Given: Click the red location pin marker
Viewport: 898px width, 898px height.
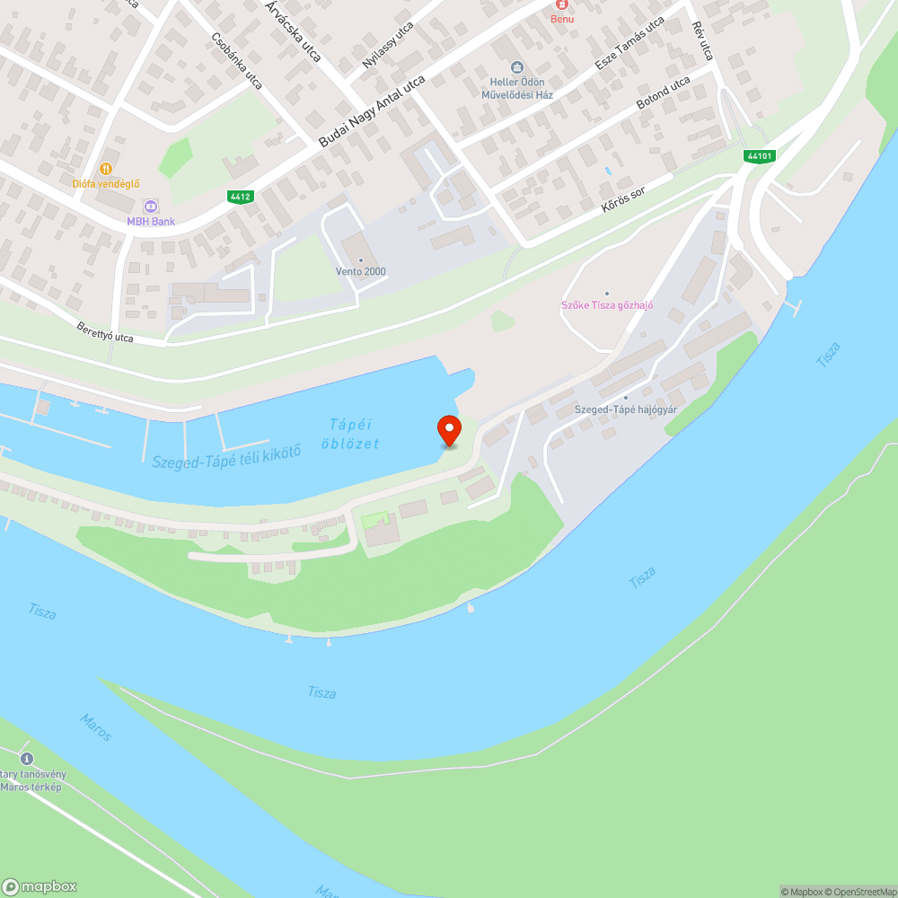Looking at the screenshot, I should point(448,429).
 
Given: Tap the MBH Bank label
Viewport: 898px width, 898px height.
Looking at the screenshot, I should point(150,221).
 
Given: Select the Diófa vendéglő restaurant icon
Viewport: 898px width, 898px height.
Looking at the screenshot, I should point(106,168).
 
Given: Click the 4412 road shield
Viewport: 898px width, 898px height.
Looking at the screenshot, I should point(240,197).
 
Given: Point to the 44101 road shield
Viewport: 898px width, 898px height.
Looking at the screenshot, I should point(759,155).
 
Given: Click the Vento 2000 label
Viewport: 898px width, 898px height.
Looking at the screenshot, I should point(361,271).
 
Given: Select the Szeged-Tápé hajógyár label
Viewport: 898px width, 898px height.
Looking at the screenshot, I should point(626,409).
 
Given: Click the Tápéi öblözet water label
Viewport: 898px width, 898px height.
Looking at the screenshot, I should point(350,434).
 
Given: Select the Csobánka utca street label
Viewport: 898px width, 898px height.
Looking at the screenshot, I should point(236,61).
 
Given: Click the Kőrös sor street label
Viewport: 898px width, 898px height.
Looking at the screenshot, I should point(624,198).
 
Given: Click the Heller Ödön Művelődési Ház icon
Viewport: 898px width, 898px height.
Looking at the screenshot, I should point(516,67).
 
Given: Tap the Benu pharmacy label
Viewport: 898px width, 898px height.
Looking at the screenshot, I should point(562,19).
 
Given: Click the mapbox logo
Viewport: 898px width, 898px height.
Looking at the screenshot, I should point(40,885).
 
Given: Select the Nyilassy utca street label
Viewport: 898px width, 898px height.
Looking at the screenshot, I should point(389,45).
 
